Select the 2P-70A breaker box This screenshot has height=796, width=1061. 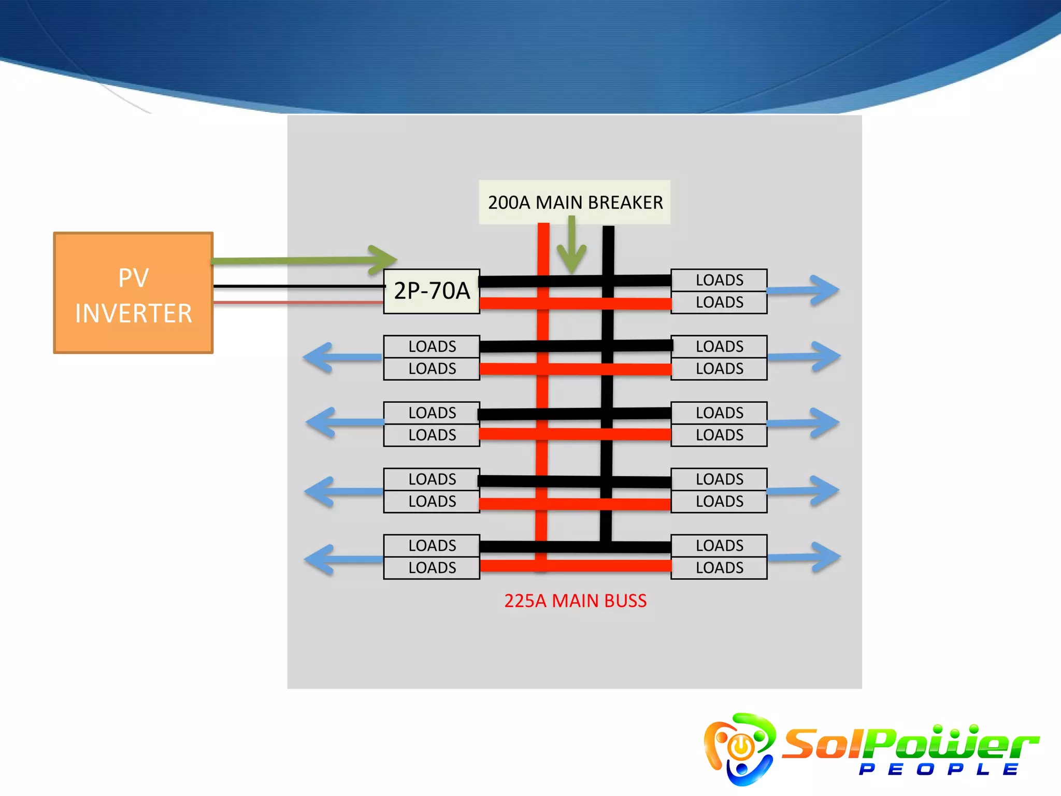coord(432,291)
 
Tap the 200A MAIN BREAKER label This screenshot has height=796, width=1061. coord(575,202)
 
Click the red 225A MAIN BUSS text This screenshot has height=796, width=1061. coord(575,601)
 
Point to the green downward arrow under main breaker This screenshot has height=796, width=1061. coord(571,249)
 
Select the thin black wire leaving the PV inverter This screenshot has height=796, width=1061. coord(298,286)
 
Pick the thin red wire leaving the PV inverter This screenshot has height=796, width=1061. coord(298,302)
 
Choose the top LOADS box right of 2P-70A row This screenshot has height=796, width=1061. coord(719,280)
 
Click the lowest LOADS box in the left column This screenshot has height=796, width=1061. coord(432,568)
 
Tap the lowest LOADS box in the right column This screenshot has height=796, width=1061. coord(719,568)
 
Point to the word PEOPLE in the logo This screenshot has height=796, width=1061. coord(938,770)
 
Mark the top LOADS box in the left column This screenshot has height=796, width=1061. coord(432,346)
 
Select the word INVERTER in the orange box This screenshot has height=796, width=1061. coord(134,314)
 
